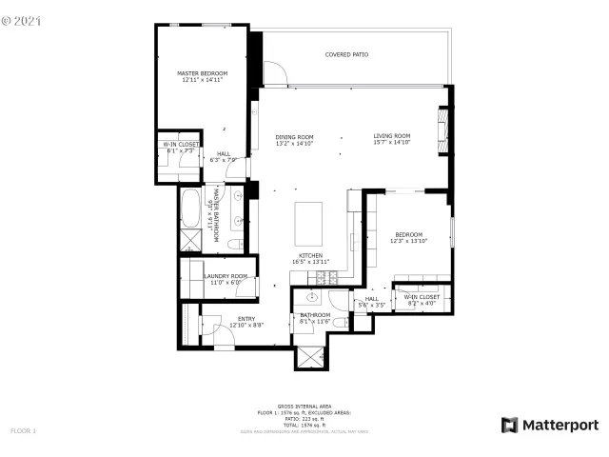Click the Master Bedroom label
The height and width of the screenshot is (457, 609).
pos(201,72)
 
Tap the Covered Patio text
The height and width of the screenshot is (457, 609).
pos(346,54)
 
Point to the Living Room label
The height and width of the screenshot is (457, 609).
pos(391,136)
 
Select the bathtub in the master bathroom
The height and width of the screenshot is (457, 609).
pos(189,205)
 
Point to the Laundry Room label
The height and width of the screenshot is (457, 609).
pos(226,276)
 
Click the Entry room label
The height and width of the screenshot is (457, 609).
pos(246,319)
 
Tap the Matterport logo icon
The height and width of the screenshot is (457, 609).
pos(510,425)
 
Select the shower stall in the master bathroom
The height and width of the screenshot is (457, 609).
pos(189,238)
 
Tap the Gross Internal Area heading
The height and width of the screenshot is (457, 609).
pos(304,405)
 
